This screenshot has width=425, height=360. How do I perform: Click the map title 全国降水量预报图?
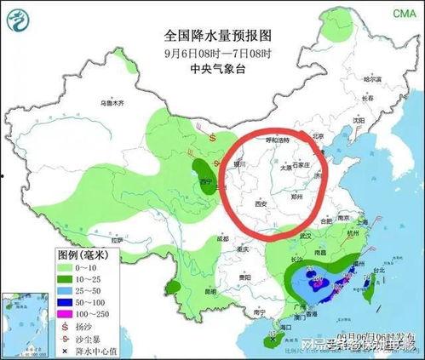coord(217,37)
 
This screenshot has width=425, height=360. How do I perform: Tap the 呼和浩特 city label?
coord(277,139)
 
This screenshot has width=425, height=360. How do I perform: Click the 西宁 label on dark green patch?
coord(204,181)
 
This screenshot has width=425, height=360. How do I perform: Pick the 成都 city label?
coord(222,239)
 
